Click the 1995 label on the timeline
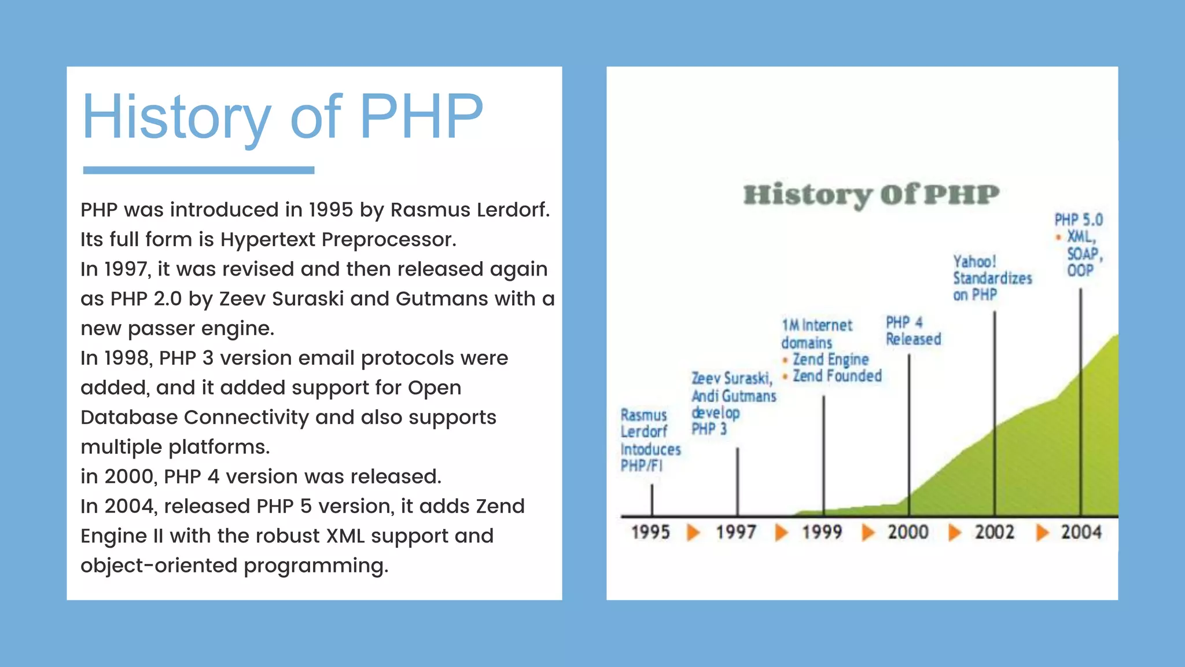650,532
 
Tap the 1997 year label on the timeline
736,532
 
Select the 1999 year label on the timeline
822,532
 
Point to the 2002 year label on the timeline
995,532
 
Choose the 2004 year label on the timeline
1081,532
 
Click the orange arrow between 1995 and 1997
693,532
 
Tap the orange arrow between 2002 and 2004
1042,532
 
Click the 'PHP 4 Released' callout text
913,331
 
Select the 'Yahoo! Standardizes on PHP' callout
992,278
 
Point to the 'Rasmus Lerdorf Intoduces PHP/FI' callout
650,441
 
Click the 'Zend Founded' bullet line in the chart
837,376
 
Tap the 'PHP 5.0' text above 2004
1079,220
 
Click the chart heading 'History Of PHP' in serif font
871,195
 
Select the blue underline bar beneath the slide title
198,170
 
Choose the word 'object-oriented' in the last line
159,566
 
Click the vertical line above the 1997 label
737,481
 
